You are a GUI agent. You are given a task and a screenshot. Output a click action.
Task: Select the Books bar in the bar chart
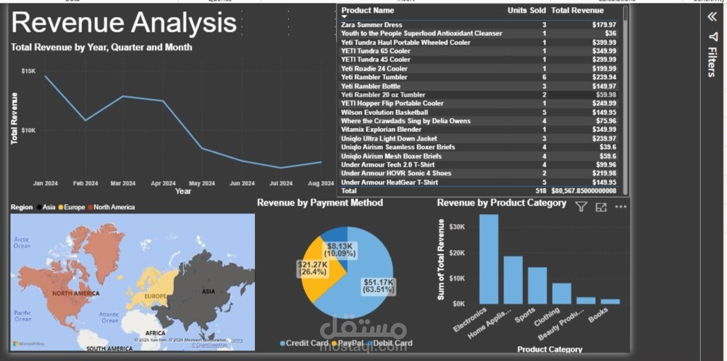point(610,301)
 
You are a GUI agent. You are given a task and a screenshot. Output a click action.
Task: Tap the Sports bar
point(538,285)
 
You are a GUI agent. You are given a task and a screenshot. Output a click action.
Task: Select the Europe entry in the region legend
point(74,207)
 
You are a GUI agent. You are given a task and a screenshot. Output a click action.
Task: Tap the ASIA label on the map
point(208,291)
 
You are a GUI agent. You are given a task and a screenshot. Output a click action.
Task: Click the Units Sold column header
point(526,11)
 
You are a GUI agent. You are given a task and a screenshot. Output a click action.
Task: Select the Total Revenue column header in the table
point(577,11)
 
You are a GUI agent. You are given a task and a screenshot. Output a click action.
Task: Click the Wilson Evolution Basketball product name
point(384,112)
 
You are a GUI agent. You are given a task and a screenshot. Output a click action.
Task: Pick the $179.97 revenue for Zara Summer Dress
point(603,25)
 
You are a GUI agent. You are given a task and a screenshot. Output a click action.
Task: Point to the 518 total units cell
point(540,191)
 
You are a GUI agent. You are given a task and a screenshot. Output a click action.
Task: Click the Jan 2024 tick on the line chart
point(45,184)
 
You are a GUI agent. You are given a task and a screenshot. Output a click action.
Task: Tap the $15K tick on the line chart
point(29,71)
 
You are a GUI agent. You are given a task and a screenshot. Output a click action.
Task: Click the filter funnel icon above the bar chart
point(581,207)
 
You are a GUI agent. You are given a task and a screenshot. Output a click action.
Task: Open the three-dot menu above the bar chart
point(621,207)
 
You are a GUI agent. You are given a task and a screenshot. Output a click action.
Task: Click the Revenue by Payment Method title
point(320,203)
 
